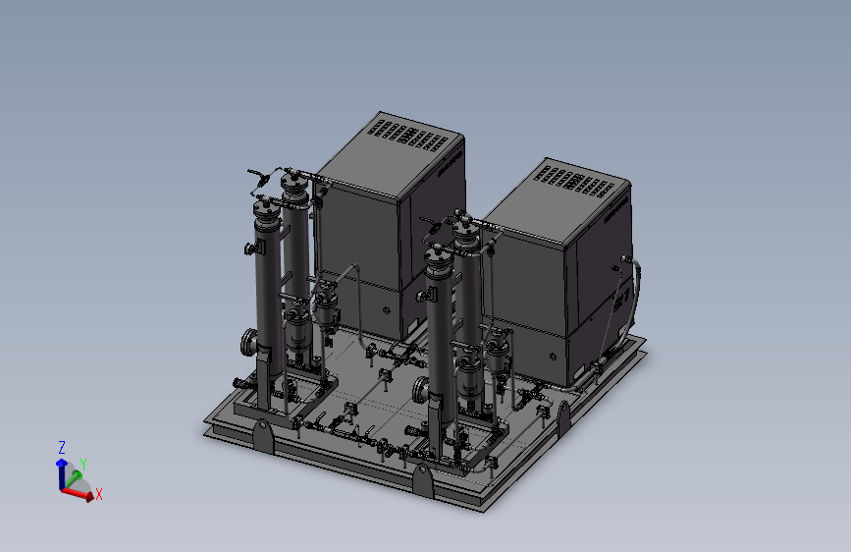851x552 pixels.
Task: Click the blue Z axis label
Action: tap(61, 448)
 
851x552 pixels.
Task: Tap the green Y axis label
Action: tap(83, 465)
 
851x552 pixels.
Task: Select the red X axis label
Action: tap(99, 494)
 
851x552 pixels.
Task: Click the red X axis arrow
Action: tap(78, 493)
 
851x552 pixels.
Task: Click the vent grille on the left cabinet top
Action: tap(408, 136)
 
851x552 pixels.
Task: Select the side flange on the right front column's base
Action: tap(420, 390)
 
